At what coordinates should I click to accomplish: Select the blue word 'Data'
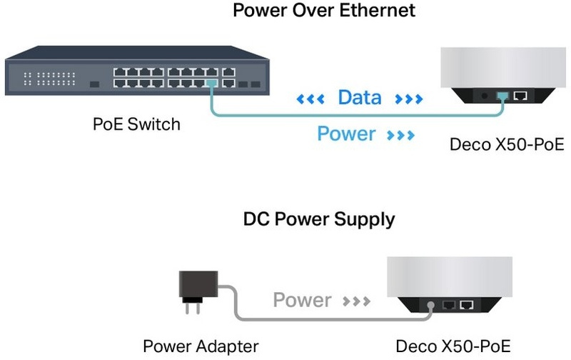point(360,97)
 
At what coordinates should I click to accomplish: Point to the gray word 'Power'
point(302,300)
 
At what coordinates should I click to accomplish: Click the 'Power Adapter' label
point(201,347)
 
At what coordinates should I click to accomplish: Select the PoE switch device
point(135,72)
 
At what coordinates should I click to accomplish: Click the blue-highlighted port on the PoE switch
point(211,84)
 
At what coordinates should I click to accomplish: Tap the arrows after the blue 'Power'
point(402,134)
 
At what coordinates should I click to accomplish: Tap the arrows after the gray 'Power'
point(355,301)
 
